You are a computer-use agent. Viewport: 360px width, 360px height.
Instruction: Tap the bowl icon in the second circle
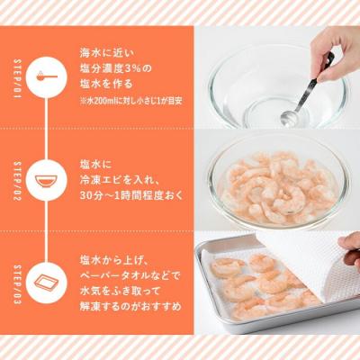click(47, 176)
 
